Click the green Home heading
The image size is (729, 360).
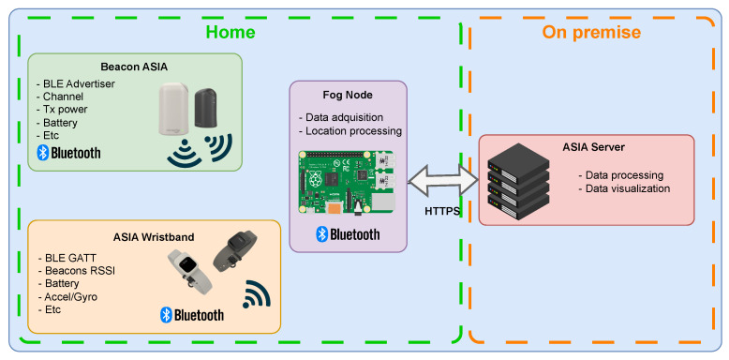tap(231, 32)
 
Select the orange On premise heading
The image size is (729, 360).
tap(591, 33)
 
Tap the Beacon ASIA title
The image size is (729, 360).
tap(134, 67)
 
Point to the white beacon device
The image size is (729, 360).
tap(174, 109)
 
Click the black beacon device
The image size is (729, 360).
tap(207, 108)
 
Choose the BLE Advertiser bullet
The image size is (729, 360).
tap(75, 84)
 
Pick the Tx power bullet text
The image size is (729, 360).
tap(62, 110)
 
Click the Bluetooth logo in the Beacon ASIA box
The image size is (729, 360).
tap(68, 153)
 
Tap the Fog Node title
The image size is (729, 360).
tap(348, 95)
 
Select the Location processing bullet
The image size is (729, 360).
tap(350, 131)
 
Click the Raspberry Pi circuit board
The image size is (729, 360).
tap(347, 183)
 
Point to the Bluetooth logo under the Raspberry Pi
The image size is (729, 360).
tap(348, 234)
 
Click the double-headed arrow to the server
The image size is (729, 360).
tap(443, 179)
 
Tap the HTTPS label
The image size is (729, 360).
tap(442, 211)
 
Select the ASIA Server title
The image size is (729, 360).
tap(593, 147)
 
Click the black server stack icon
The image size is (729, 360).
tap(518, 181)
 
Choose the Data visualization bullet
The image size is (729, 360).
tap(624, 188)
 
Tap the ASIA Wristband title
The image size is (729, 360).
tap(154, 237)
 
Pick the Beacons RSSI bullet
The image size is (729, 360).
tap(76, 270)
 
